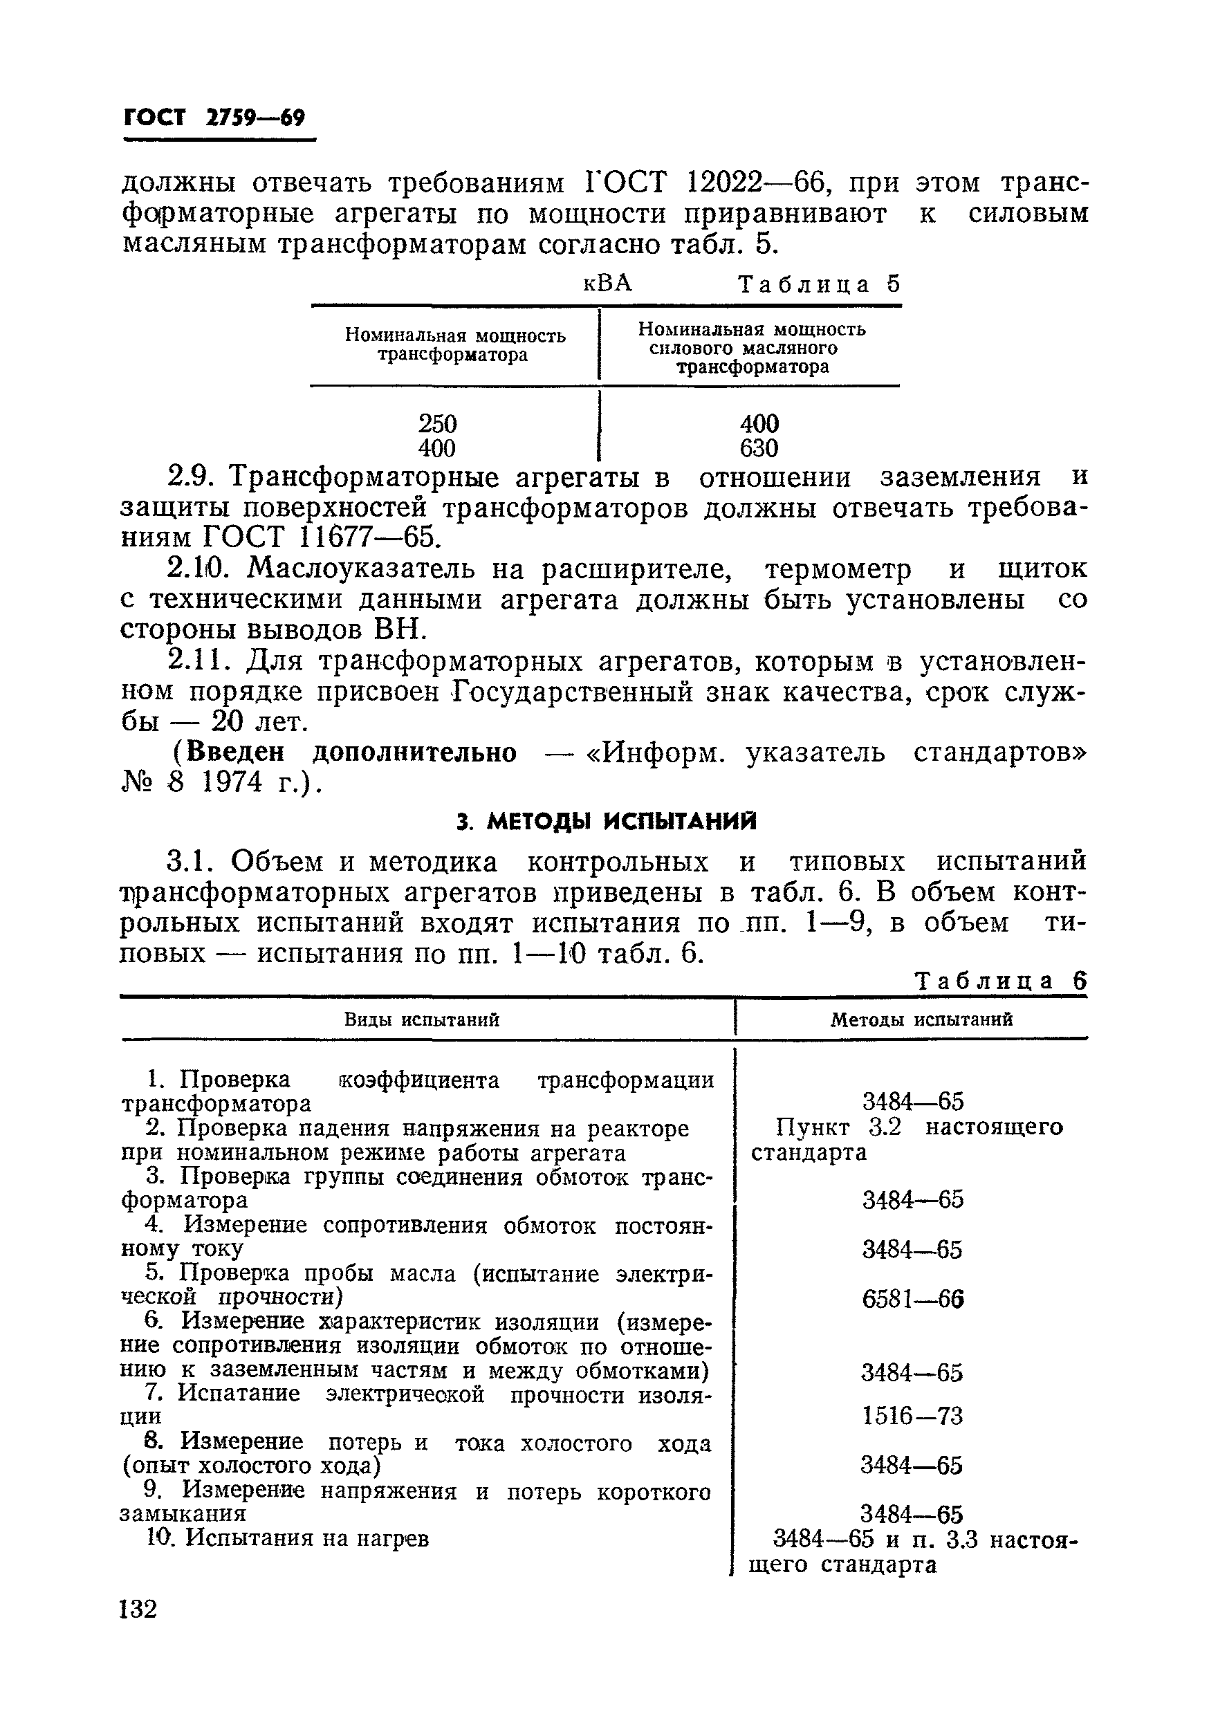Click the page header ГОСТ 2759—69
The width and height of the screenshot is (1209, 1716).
coord(214,118)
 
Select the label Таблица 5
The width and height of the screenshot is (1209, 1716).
coord(819,284)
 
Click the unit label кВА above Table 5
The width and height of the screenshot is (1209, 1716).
coord(607,284)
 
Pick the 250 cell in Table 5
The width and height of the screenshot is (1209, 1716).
coord(437,424)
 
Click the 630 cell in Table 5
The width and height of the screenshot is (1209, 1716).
coord(759,448)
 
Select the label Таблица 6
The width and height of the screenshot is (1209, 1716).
coord(1001,981)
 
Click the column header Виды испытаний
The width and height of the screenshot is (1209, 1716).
coord(421,1020)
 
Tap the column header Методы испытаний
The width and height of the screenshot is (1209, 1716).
coord(921,1020)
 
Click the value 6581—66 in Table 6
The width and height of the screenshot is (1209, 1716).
coord(912,1300)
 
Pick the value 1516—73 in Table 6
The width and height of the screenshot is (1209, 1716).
coord(912,1416)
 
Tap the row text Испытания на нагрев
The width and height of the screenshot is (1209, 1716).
coord(307,1538)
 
